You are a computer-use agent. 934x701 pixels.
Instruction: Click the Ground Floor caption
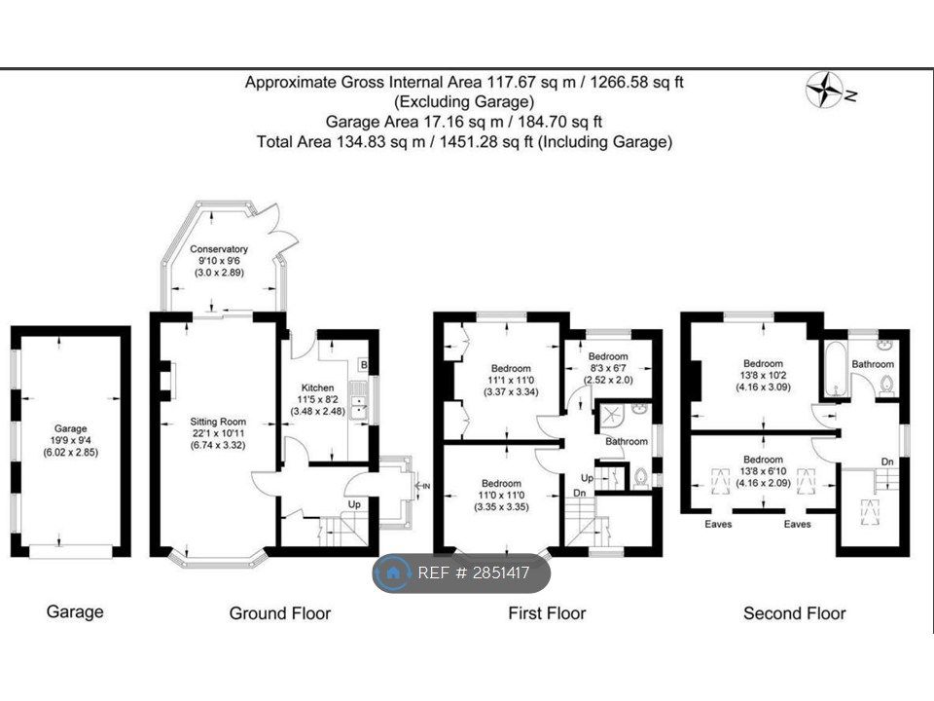coord(279,613)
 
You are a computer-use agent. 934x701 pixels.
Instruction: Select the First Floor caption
coord(547,613)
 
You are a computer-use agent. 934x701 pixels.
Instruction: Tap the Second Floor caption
coord(794,613)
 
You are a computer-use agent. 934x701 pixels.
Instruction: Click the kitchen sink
coord(358,401)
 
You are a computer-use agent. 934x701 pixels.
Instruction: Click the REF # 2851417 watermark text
coord(474,573)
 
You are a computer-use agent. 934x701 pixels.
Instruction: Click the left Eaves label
coord(719,525)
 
